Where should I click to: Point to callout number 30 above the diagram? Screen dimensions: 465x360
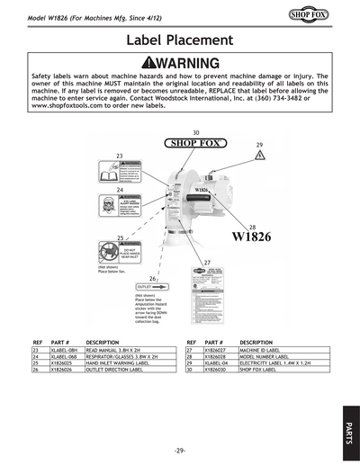pos(195,132)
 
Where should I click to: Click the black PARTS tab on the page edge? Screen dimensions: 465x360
pos(348,428)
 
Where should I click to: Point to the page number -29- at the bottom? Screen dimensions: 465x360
pos(180,449)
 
